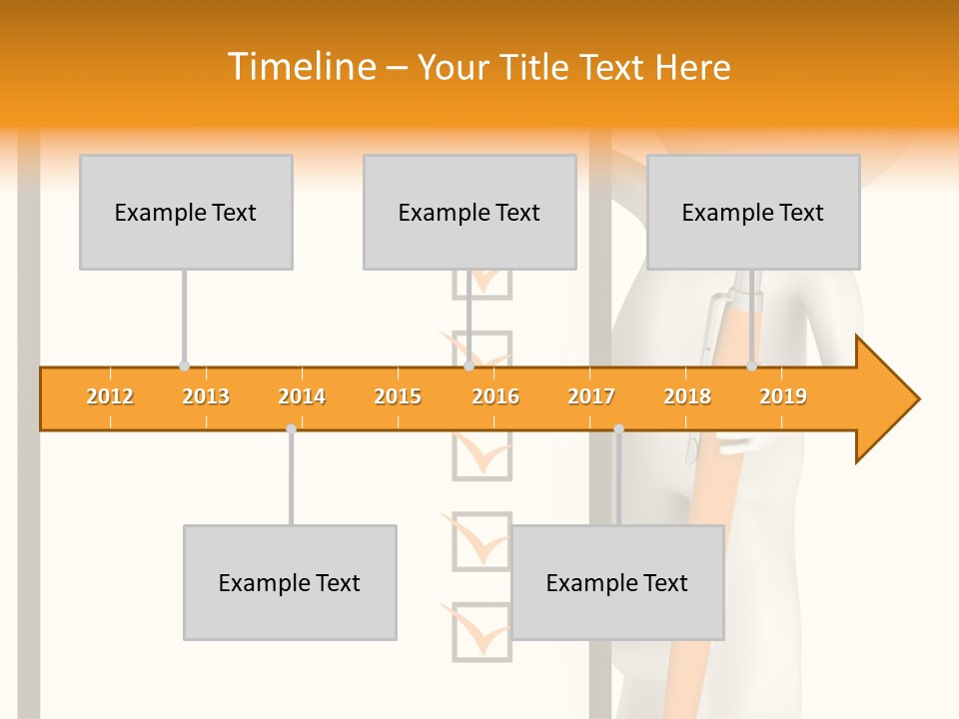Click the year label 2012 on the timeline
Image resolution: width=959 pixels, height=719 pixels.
pyautogui.click(x=110, y=396)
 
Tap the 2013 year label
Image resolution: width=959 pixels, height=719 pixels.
pyautogui.click(x=206, y=396)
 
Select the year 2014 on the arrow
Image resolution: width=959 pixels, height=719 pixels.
pyautogui.click(x=302, y=396)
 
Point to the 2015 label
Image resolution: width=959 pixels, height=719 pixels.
pyautogui.click(x=398, y=396)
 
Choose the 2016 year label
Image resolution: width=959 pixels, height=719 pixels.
pyautogui.click(x=495, y=396)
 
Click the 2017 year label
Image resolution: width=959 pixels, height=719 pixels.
pyautogui.click(x=591, y=396)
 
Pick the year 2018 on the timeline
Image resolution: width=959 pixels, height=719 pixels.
pyautogui.click(x=687, y=396)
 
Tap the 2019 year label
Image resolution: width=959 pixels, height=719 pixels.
pyautogui.click(x=783, y=396)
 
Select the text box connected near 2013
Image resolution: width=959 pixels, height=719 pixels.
pyautogui.click(x=186, y=212)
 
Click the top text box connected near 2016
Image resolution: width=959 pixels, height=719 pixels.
pyautogui.click(x=470, y=212)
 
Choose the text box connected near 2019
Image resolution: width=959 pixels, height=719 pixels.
pyautogui.click(x=753, y=212)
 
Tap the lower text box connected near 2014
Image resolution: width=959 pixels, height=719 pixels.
pyautogui.click(x=290, y=582)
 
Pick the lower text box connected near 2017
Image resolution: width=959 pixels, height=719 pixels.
pyautogui.click(x=617, y=582)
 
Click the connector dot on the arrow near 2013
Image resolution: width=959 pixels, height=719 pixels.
pyautogui.click(x=184, y=366)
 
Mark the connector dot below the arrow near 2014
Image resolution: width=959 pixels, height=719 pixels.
pyautogui.click(x=291, y=428)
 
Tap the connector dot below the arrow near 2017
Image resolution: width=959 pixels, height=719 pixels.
pyautogui.click(x=618, y=428)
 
